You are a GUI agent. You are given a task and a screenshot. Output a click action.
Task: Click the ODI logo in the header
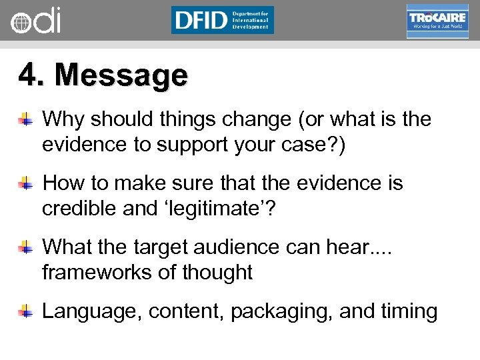[x=36, y=21]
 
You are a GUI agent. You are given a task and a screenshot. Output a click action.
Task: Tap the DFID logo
[x=222, y=20]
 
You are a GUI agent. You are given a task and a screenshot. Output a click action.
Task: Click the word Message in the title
[x=121, y=75]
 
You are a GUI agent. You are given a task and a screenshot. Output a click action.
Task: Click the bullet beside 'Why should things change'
[x=26, y=121]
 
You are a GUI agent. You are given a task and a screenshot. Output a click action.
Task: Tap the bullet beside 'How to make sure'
[x=26, y=183]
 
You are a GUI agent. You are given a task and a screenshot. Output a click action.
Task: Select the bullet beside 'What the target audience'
[x=26, y=248]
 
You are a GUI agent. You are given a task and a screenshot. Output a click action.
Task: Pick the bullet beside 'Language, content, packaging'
[x=26, y=311]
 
